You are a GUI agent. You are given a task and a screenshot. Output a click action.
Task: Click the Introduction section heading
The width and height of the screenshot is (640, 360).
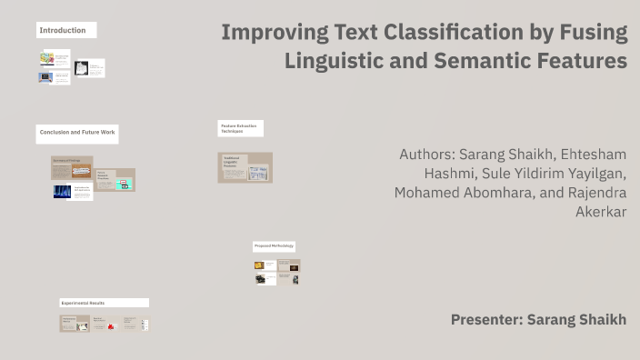click(x=63, y=31)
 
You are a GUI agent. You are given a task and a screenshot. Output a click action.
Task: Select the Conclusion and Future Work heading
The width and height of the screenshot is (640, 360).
click(x=77, y=133)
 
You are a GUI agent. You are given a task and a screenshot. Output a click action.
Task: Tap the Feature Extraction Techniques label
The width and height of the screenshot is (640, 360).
click(x=240, y=128)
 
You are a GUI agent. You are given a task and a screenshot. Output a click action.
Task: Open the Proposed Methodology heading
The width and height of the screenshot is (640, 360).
click(x=274, y=246)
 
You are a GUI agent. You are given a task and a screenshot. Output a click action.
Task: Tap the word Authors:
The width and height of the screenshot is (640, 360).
click(x=426, y=154)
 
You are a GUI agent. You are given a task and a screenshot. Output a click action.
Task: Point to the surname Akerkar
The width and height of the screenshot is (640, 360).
click(x=601, y=212)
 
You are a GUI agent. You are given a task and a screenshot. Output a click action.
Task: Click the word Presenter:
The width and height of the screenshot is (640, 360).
click(x=486, y=319)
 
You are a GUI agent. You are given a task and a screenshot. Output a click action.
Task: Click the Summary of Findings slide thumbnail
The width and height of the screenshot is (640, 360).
click(x=71, y=167)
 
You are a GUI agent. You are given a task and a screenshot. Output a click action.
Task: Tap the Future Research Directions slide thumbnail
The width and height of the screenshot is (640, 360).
click(x=115, y=180)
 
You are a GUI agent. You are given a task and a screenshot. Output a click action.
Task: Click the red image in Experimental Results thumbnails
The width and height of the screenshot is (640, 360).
click(x=110, y=325)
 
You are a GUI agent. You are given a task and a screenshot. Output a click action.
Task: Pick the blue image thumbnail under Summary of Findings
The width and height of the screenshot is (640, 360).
click(x=63, y=192)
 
